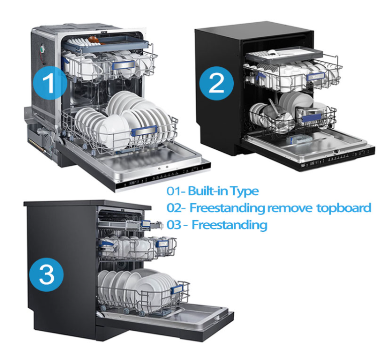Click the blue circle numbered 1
coord(50,83)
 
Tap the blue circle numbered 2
coord(216,83)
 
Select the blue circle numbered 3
coord(46,275)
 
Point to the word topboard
coord(344,208)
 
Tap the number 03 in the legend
coord(174,225)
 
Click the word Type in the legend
coord(244,192)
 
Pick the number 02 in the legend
coord(174,208)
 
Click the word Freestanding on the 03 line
coord(229,225)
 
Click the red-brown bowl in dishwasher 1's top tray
coord(95,39)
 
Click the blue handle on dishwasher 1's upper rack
coord(123,65)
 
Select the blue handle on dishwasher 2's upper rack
coord(316,76)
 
